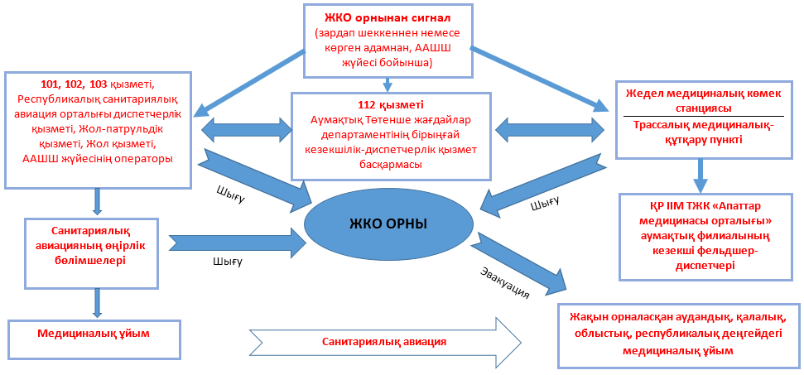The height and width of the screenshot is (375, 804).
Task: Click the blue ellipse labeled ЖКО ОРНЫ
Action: point(388,225)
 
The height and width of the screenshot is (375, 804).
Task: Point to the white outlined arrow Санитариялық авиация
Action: point(385,340)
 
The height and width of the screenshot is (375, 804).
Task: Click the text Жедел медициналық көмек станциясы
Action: point(705,101)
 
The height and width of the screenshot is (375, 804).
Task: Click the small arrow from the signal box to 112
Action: point(386,84)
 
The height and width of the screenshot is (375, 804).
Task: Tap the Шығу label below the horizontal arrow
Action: point(225,262)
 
